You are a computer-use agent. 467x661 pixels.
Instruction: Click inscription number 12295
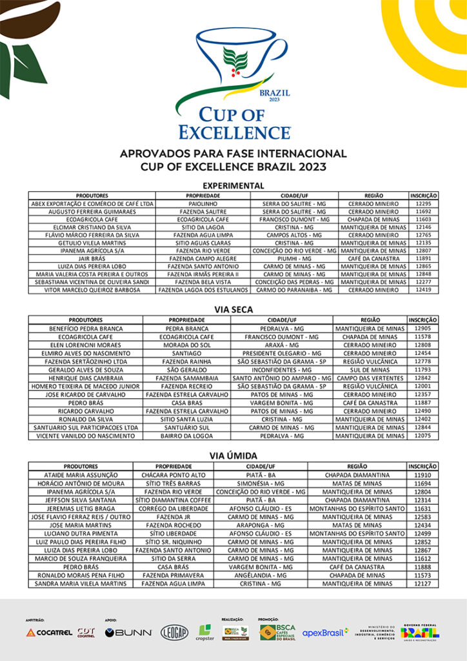pyautogui.click(x=423, y=203)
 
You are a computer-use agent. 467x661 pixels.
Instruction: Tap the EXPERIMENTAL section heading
pyautogui.click(x=233, y=186)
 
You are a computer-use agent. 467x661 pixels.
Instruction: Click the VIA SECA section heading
pyautogui.click(x=233, y=310)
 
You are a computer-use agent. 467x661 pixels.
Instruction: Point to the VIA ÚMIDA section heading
pyautogui.click(x=233, y=456)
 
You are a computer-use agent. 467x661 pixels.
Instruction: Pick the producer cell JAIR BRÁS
pyautogui.click(x=91, y=258)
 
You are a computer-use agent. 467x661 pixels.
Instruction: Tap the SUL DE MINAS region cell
pyautogui.click(x=370, y=370)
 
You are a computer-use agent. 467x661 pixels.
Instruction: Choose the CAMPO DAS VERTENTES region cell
pyautogui.click(x=370, y=378)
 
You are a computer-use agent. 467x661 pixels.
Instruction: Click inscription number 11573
pyautogui.click(x=422, y=575)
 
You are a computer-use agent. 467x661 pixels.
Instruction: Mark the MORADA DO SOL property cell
pyautogui.click(x=186, y=345)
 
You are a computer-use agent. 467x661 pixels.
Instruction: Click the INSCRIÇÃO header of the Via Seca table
pyautogui.click(x=422, y=320)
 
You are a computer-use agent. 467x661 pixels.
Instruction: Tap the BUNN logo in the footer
pyautogui.click(x=128, y=633)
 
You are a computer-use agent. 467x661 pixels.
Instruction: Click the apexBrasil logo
pyautogui.click(x=326, y=633)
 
